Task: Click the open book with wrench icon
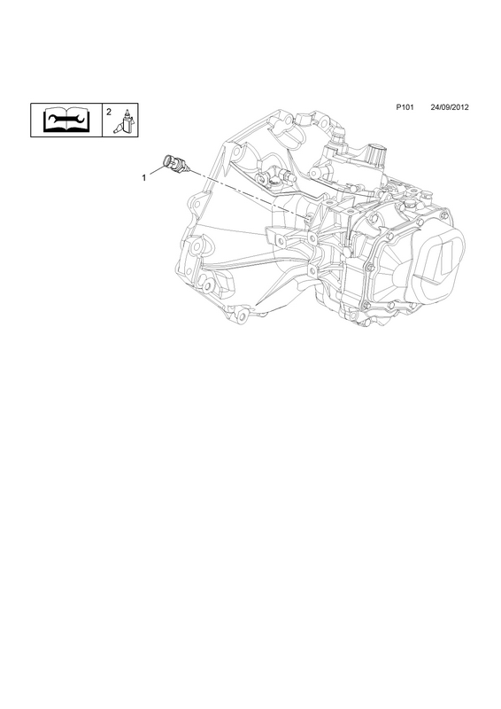[66, 120]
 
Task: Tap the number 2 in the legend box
[109, 112]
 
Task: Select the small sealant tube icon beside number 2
[125, 121]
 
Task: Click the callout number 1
[144, 178]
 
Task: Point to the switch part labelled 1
[175, 163]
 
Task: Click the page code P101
[405, 107]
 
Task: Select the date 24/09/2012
[450, 107]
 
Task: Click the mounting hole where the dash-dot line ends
[308, 219]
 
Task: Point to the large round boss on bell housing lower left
[197, 247]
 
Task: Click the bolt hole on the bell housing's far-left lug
[197, 205]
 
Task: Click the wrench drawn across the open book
[66, 120]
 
